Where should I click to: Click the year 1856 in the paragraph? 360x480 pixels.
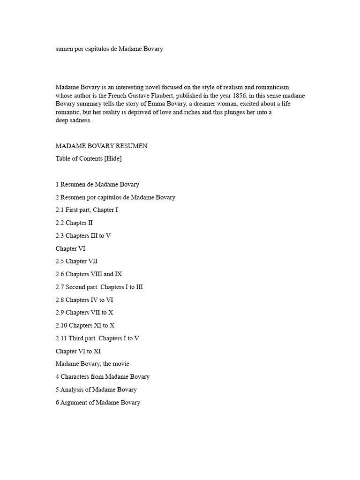tap(234, 96)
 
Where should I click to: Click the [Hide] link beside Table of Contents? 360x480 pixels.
tap(113, 158)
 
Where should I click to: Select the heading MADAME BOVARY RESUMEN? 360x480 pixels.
tap(101, 146)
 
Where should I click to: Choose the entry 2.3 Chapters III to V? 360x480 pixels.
tap(83, 236)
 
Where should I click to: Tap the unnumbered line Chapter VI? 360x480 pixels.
tap(70, 248)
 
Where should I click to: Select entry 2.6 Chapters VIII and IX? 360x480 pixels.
tap(89, 274)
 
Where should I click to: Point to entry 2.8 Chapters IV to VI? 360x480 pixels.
tap(84, 300)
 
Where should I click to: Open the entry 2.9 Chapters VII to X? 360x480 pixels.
tap(85, 313)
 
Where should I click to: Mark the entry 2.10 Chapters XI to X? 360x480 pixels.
tap(85, 325)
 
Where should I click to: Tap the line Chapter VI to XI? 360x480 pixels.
tap(78, 351)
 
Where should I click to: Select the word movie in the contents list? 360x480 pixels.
tap(120, 364)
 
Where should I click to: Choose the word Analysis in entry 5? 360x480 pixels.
tap(72, 390)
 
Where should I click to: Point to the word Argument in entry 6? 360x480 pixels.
tap(74, 402)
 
